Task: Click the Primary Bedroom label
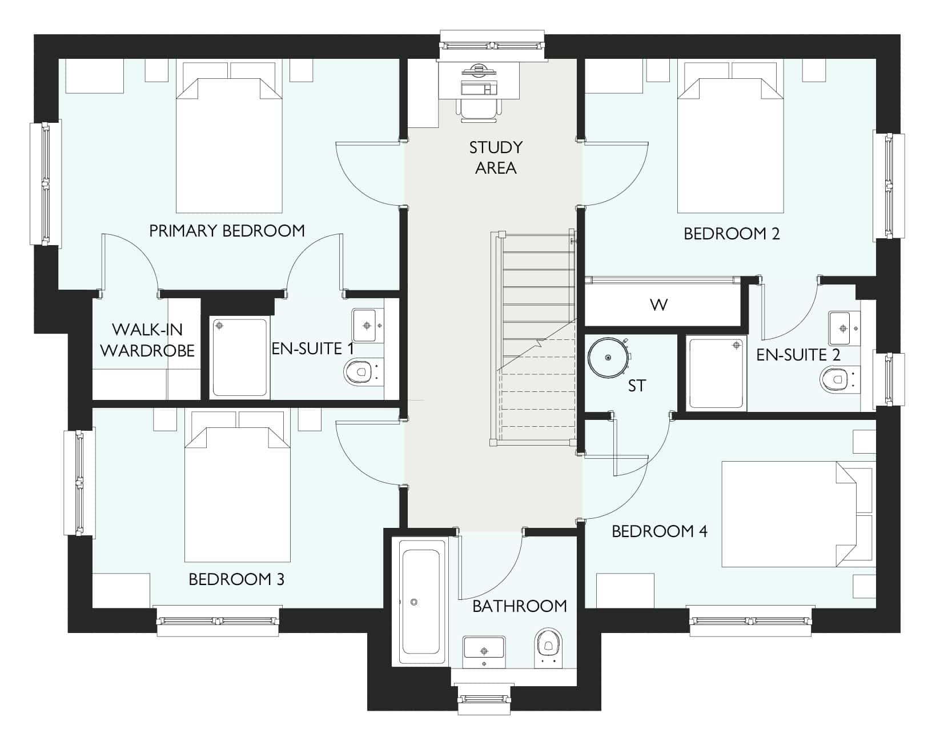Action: tap(227, 231)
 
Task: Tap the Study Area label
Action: tap(496, 158)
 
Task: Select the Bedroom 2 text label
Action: tap(732, 234)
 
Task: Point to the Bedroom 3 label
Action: tap(236, 579)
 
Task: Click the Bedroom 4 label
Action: tap(660, 531)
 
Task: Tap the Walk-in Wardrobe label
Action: tap(148, 340)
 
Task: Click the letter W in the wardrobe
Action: tap(658, 305)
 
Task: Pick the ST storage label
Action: tap(637, 386)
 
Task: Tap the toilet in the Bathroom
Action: tap(548, 648)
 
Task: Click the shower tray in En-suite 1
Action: tap(240, 358)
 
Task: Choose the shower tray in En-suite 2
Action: tap(716, 374)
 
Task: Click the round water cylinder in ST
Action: tap(609, 358)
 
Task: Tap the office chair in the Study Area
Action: tap(479, 109)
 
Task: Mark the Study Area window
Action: tap(492, 45)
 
